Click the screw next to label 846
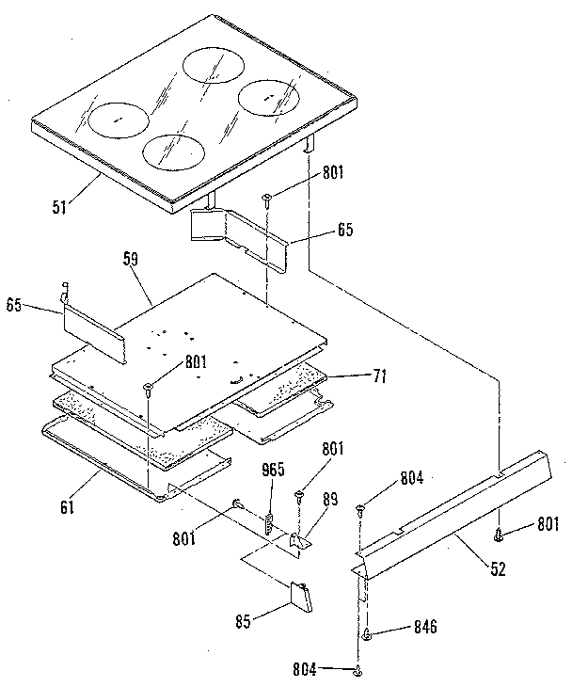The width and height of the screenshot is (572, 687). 367,636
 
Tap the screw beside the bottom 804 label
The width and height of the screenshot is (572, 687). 359,670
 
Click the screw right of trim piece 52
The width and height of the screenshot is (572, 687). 500,534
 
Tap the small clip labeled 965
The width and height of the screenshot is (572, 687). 268,522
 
